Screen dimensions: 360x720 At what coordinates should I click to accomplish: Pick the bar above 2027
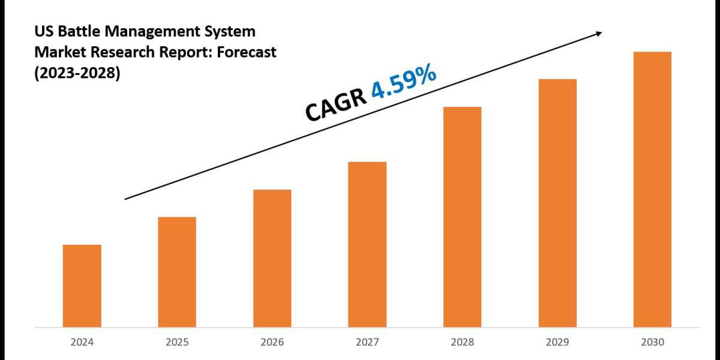pos(367,244)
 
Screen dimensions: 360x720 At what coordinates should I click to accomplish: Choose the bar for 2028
pos(462,217)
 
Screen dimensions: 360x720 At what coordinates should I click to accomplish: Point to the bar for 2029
pos(557,203)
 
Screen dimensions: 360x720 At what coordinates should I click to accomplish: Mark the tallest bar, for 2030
pos(652,189)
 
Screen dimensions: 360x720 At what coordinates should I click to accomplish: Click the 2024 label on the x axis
pos(82,343)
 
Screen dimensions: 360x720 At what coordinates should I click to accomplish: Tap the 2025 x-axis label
pos(177,343)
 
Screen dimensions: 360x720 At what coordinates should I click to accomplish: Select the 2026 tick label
pos(272,343)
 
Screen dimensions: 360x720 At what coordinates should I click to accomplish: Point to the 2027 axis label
pos(367,343)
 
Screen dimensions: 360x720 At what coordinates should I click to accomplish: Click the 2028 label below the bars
pos(462,343)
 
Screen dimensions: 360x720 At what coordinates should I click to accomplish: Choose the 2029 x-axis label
pos(557,343)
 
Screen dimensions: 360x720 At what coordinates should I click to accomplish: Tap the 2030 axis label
pos(652,343)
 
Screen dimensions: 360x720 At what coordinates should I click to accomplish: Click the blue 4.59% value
pos(403,84)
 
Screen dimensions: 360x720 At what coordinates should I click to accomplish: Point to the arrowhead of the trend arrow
pos(598,34)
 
